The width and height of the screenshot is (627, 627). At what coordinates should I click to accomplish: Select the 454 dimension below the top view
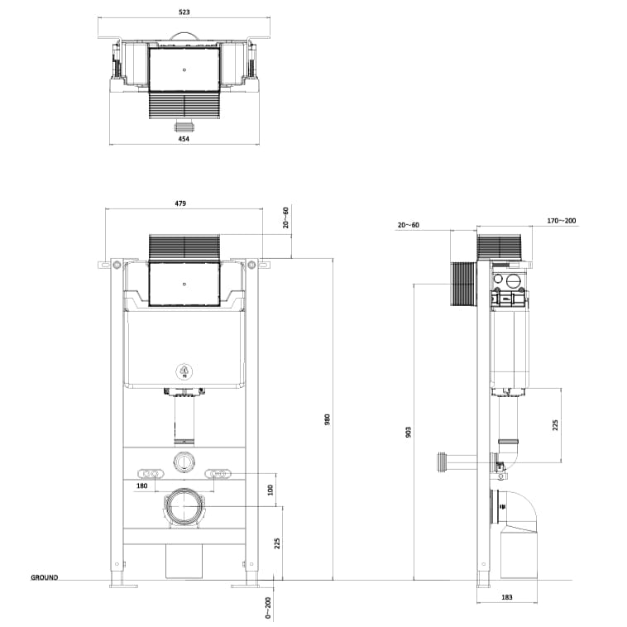tap(184, 139)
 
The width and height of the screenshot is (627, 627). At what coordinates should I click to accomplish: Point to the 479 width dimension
tap(180, 203)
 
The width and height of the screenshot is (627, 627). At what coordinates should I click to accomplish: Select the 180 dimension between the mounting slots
tap(141, 486)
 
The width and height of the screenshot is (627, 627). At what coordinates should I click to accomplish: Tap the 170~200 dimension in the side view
tap(562, 221)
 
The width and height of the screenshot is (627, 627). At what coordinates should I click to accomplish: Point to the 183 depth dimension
tap(507, 596)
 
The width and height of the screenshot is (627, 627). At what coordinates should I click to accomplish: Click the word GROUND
tap(45, 577)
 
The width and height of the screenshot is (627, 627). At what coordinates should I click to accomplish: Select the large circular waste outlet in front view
tap(184, 507)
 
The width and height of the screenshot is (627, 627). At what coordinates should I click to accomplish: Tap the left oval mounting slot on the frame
tap(149, 474)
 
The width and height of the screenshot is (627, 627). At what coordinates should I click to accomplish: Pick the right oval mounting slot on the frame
tap(218, 474)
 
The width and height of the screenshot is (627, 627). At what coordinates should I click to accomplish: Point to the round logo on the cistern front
tap(184, 371)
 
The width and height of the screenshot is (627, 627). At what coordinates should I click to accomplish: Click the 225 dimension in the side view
tap(556, 424)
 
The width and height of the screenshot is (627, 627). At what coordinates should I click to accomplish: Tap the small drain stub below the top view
tap(184, 127)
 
